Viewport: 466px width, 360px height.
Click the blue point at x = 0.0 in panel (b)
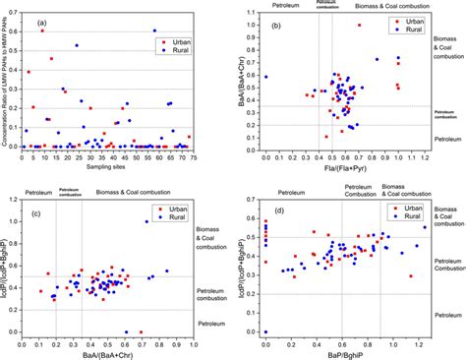click(x=266, y=77)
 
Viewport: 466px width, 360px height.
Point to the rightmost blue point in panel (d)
click(x=425, y=227)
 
